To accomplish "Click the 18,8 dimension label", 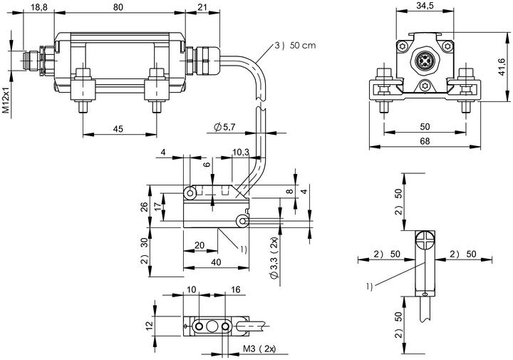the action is pyautogui.click(x=39, y=7).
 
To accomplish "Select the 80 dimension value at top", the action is pyautogui.click(x=118, y=7).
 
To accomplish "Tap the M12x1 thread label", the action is pyautogui.click(x=6, y=101).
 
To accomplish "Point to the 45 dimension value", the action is pyautogui.click(x=118, y=129).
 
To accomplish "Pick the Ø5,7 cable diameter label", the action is pyautogui.click(x=224, y=127).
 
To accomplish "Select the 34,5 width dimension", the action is pyautogui.click(x=425, y=6).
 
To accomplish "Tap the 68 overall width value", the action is pyautogui.click(x=425, y=141).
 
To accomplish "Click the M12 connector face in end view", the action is pyautogui.click(x=425, y=60).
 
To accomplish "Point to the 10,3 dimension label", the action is pyautogui.click(x=241, y=152).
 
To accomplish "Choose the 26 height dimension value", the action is pyautogui.click(x=144, y=207).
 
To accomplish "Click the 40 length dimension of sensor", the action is pyautogui.click(x=216, y=262).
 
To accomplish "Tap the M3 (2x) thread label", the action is pyautogui.click(x=259, y=349).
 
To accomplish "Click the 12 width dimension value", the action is pyautogui.click(x=149, y=326).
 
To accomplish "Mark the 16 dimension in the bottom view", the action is pyautogui.click(x=235, y=289).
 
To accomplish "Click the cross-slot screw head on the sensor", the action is pyautogui.click(x=425, y=241).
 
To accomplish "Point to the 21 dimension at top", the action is pyautogui.click(x=202, y=7).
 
